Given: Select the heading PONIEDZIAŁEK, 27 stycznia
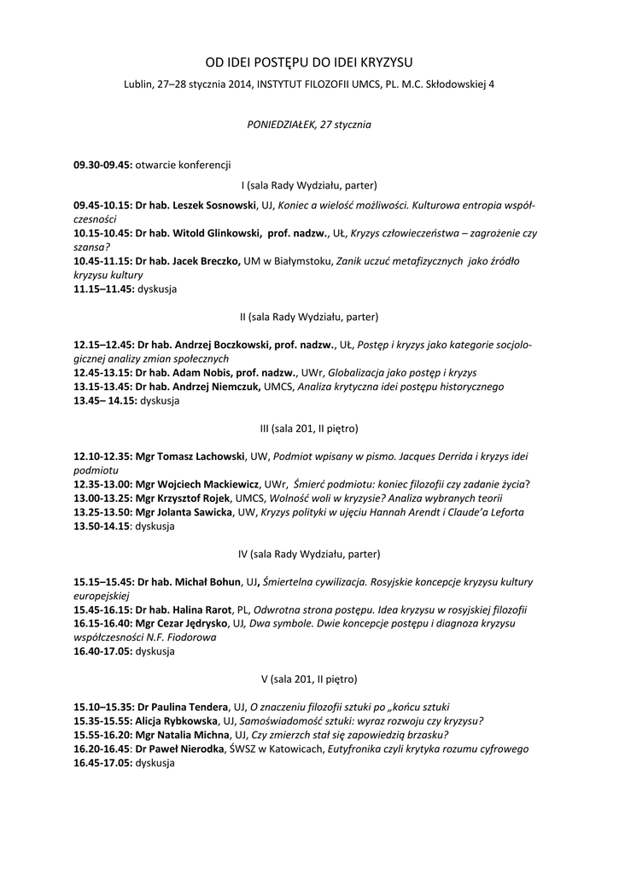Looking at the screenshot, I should (308, 124).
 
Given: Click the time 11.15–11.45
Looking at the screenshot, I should (103, 288).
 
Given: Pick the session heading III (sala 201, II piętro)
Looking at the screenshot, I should (308, 428).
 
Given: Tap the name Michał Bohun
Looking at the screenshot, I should (208, 582).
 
